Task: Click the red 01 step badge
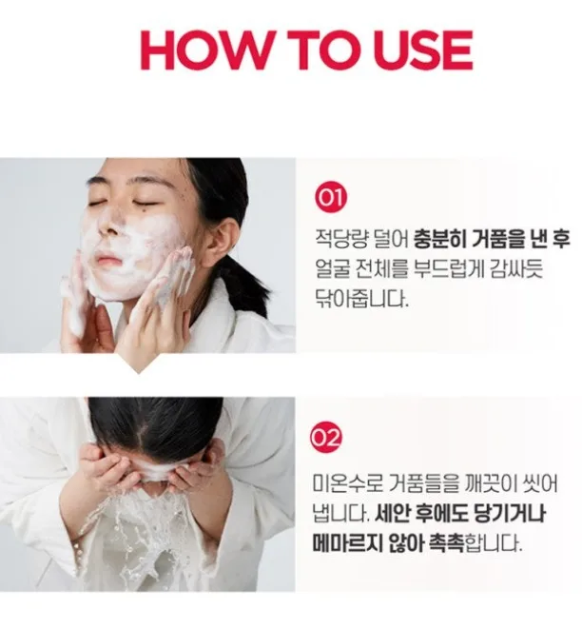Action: pos(331,197)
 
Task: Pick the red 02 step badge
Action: pos(327,437)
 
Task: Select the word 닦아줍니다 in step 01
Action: pos(361,299)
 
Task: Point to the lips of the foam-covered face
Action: pos(107,259)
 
